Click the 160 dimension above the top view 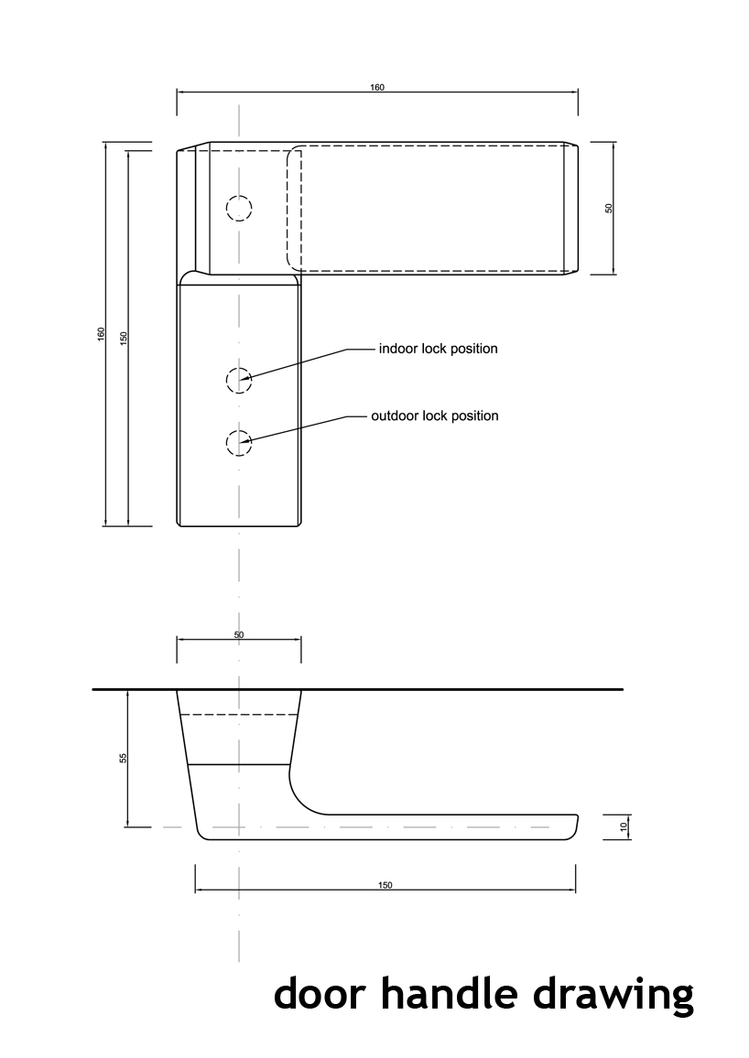point(377,88)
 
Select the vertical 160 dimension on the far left point(102,334)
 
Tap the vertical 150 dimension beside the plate point(124,335)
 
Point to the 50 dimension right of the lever point(609,208)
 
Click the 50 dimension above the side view point(239,634)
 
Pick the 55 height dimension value point(124,758)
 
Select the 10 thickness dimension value point(624,826)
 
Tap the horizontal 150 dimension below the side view point(385,885)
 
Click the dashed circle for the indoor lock point(238,379)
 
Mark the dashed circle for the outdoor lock point(238,443)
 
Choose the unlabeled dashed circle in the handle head point(239,209)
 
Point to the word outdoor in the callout point(394,416)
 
